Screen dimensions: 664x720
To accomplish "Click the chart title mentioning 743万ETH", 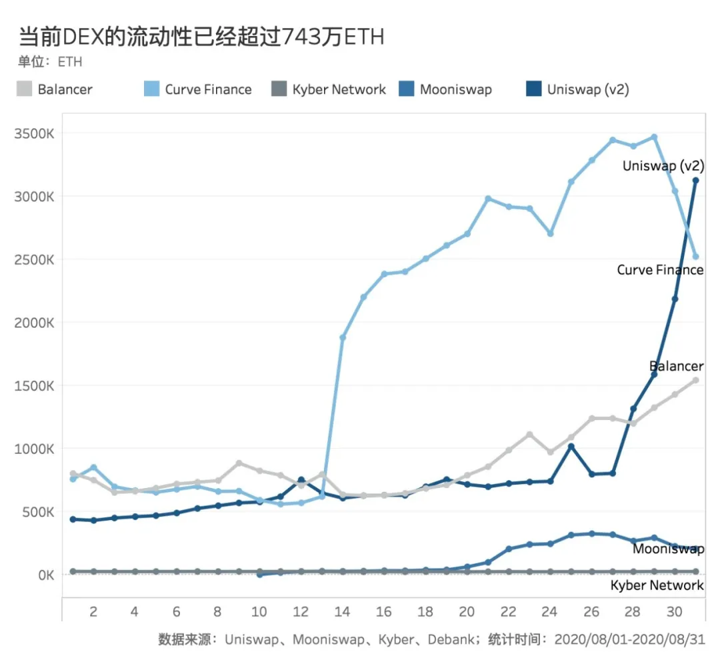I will pos(201,36).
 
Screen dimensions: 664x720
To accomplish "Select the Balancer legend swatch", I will pos(25,89).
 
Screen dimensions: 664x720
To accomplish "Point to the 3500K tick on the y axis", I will pos(34,133).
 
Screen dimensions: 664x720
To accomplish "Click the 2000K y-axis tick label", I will pos(34,323).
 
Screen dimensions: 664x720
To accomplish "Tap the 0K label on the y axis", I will pos(43,575).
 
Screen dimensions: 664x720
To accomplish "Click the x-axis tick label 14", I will pos(343,611).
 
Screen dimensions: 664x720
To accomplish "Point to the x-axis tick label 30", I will pos(675,611).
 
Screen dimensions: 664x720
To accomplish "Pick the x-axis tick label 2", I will pos(93,611).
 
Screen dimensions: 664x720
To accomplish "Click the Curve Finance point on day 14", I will pos(343,337).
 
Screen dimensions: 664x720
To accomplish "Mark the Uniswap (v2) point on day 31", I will pos(695,180).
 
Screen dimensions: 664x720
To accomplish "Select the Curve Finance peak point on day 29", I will pos(654,137).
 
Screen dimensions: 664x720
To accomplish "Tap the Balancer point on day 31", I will pos(695,380).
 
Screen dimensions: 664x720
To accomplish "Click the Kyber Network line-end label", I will pos(657,585).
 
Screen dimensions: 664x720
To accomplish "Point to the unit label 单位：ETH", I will pos(50,62).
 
